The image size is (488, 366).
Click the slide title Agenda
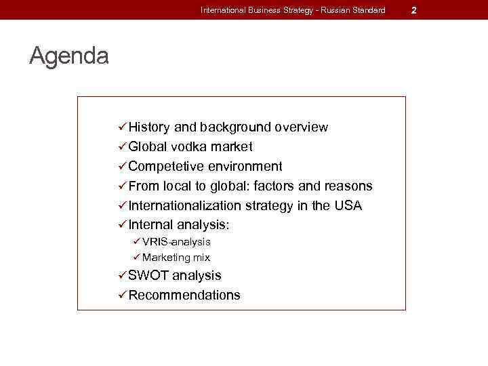[68, 56]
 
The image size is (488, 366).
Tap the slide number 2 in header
[413, 10]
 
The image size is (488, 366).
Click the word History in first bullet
[149, 127]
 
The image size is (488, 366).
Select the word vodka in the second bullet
[189, 147]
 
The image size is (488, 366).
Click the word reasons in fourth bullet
[348, 186]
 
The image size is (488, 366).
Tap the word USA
[348, 206]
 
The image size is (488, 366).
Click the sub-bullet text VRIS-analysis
[176, 242]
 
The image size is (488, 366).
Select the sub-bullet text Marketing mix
[176, 258]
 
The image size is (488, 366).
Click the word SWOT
[148, 276]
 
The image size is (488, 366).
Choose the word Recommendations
[184, 296]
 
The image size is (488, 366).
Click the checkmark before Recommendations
[122, 296]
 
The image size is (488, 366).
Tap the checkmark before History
[122, 127]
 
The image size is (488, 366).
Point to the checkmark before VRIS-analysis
[136, 242]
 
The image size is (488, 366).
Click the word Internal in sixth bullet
[150, 225]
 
